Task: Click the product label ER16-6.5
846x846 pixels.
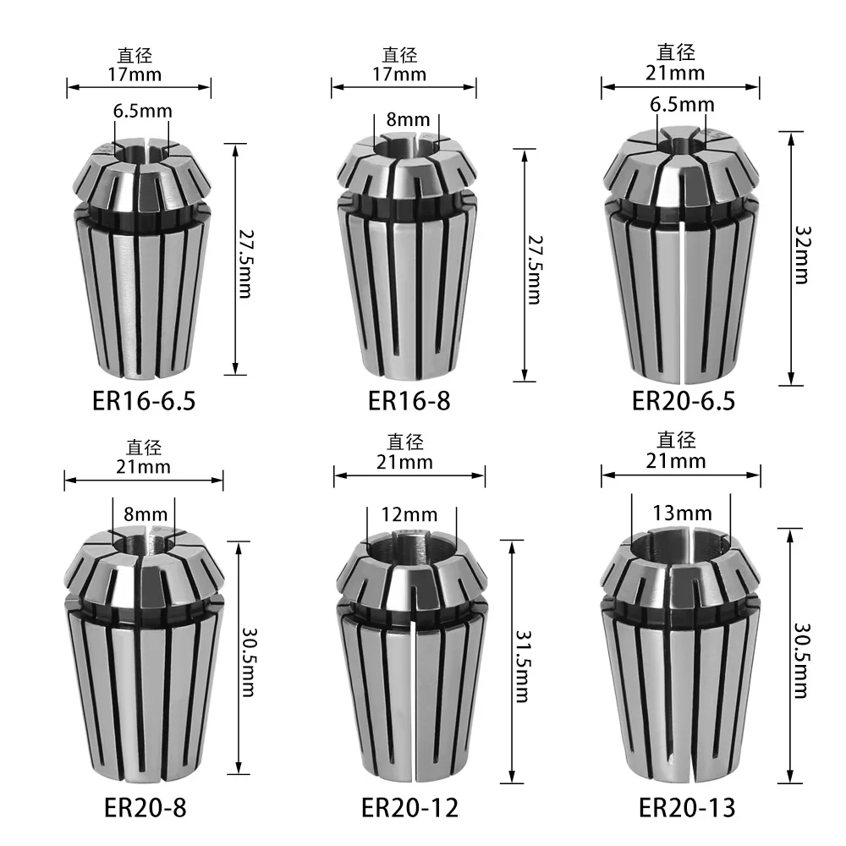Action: coord(144,400)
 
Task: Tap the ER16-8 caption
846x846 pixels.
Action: coord(409,400)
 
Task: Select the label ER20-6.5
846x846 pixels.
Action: coord(684,400)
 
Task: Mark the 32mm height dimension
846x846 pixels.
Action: coord(802,258)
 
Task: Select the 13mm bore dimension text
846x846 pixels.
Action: coord(683,513)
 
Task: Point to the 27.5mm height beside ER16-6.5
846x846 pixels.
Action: coord(246,259)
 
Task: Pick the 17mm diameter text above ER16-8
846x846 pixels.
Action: coord(404,74)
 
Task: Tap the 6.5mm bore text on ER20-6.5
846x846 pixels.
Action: coord(683,105)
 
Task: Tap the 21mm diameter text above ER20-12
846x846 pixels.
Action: coord(409,462)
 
